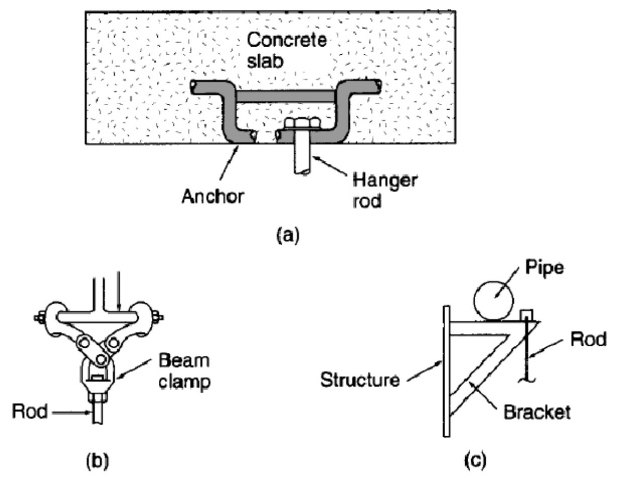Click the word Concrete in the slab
[286, 40]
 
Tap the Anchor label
[213, 197]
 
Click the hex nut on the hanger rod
[302, 123]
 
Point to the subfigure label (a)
[288, 236]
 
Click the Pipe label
[545, 268]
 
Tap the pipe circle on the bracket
[493, 302]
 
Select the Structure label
[360, 380]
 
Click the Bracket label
[537, 412]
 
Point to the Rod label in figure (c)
[588, 339]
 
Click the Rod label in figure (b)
[30, 411]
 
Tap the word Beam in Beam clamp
[184, 360]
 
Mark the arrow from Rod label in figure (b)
[71, 412]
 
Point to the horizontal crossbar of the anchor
[285, 97]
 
